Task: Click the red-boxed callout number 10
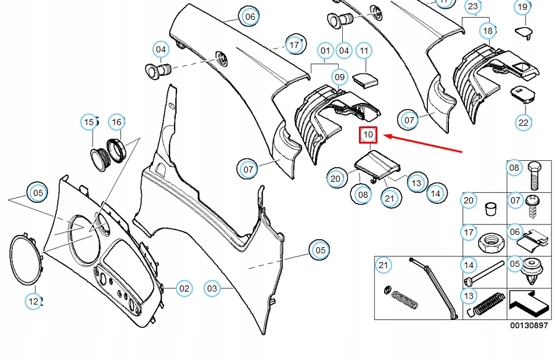368,134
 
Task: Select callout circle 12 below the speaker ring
33,301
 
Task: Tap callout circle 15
90,122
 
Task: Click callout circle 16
117,122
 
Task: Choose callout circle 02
184,288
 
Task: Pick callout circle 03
212,288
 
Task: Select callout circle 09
340,77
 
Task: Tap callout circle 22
524,122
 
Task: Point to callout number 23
473,7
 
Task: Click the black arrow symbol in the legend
527,303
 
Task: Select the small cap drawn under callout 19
524,30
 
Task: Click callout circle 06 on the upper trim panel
249,17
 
